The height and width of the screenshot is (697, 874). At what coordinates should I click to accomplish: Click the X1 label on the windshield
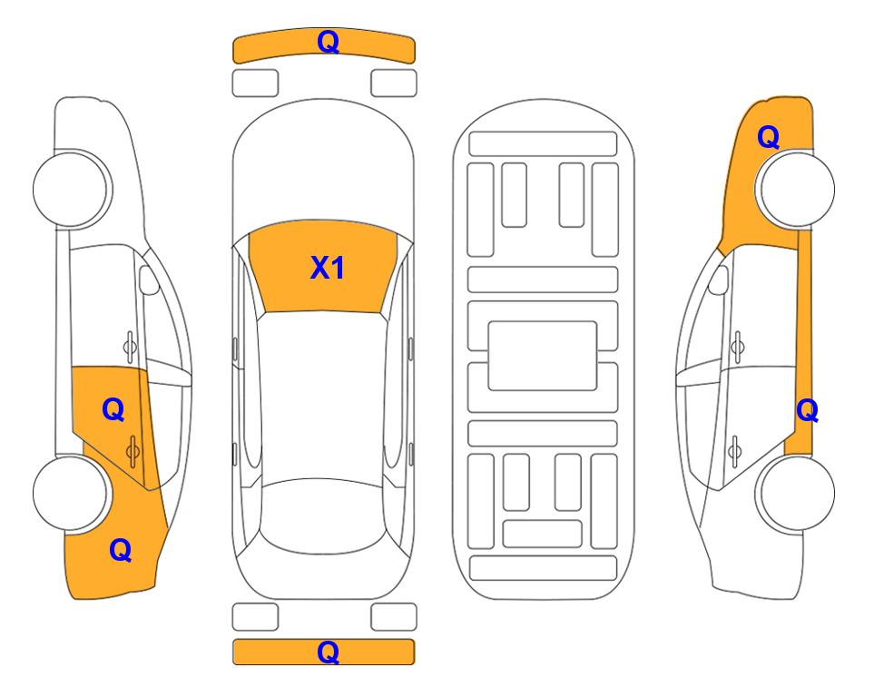(328, 268)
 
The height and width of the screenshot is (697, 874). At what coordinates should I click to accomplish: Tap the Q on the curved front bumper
(329, 42)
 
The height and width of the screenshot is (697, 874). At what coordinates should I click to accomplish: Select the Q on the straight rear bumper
(329, 652)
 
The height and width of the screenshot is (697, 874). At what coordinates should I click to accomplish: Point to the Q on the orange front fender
(768, 137)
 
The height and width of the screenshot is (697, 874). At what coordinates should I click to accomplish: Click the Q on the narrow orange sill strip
(807, 411)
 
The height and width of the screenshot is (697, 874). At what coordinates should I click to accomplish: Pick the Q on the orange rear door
(113, 410)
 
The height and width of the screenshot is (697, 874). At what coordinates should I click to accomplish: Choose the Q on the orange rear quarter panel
(121, 550)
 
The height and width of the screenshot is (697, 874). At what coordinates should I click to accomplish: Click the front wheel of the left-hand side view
(71, 189)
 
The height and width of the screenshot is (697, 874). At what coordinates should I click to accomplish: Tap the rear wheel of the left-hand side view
(71, 493)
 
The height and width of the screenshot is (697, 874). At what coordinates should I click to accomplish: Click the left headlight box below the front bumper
(255, 83)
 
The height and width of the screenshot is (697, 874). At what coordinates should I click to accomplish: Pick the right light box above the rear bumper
(394, 617)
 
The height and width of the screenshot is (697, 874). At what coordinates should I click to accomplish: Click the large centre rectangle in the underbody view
(543, 356)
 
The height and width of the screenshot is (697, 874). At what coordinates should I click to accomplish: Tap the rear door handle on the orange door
(133, 451)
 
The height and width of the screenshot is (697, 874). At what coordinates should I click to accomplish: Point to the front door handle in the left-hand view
(130, 347)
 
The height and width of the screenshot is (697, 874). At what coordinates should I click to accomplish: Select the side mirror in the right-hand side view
(719, 280)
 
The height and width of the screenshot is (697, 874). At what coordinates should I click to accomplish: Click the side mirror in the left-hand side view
(149, 280)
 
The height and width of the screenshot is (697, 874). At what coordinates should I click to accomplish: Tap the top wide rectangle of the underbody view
(543, 144)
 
